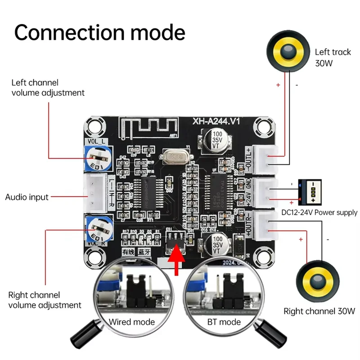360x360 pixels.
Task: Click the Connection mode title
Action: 100,32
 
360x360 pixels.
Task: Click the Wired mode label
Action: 132,322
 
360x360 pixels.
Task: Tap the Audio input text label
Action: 27,197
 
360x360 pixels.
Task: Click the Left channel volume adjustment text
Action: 48,88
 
